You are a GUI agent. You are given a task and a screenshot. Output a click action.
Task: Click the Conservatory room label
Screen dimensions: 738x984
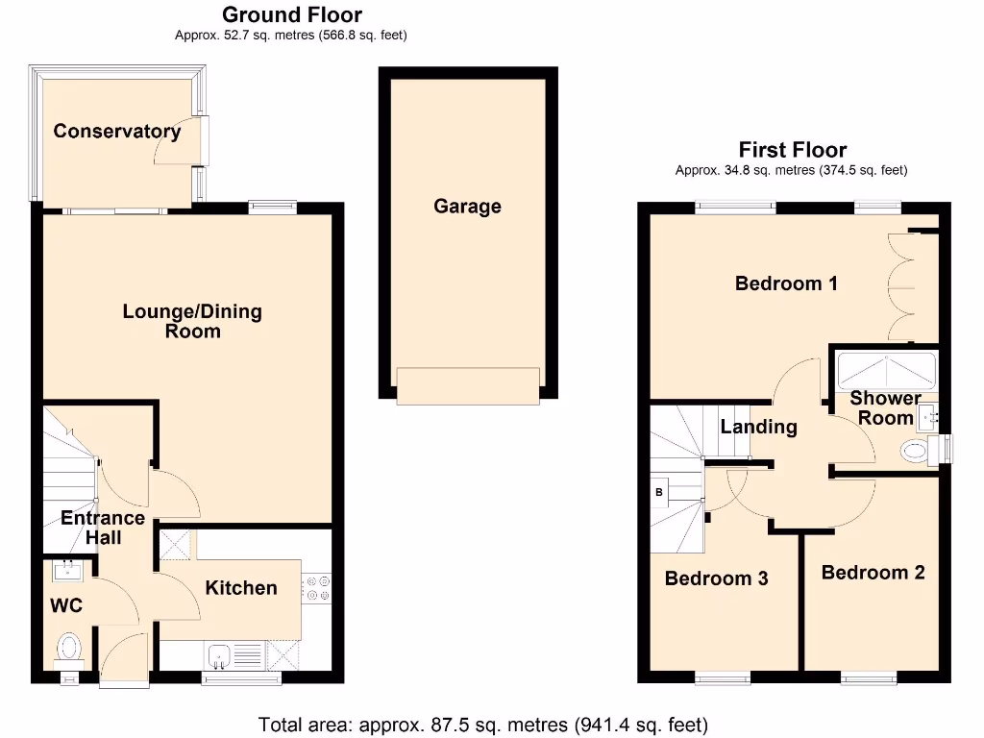[x=116, y=132]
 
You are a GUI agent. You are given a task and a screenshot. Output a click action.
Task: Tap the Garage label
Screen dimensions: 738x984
[x=467, y=206]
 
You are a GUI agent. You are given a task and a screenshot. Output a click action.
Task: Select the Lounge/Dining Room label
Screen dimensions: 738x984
[x=192, y=321]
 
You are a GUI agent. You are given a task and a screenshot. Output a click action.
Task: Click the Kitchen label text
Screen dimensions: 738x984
[x=241, y=587]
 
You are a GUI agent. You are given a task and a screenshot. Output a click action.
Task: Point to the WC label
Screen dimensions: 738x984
[x=67, y=605]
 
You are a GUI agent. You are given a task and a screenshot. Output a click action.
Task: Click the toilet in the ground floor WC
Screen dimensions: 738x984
[x=69, y=647]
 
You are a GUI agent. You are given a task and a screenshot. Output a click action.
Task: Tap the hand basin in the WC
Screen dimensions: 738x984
[x=68, y=571]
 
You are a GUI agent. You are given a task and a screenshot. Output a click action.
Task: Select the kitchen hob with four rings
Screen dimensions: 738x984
[x=316, y=588]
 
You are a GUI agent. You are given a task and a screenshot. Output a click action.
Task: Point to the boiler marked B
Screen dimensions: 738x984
[x=659, y=493]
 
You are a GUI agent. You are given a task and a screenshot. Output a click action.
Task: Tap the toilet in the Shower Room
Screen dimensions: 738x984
[x=918, y=450]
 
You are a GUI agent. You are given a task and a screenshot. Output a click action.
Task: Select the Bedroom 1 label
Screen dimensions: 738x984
[x=786, y=283]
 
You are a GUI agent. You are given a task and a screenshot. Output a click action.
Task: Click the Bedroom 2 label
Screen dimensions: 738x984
[x=873, y=573]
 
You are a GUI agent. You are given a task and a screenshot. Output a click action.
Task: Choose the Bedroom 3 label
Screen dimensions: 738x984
[x=716, y=578]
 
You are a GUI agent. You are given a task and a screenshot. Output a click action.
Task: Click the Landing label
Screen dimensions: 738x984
[x=758, y=427]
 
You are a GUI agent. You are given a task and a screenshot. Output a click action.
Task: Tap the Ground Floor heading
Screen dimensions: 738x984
[x=291, y=14]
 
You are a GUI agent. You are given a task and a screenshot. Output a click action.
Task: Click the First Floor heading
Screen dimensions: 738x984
[x=792, y=150]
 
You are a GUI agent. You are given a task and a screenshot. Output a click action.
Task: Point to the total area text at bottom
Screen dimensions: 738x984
[x=483, y=724]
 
